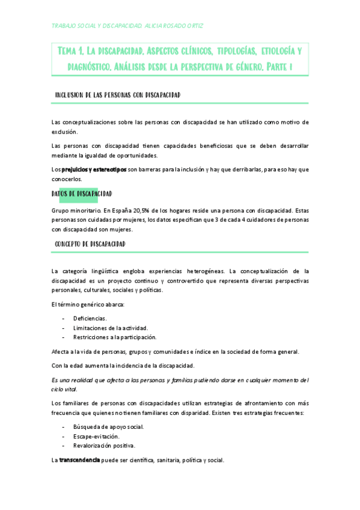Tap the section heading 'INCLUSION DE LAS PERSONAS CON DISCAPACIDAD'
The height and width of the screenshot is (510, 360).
coord(118,96)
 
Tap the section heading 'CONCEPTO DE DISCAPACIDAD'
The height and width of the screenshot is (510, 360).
coord(90,244)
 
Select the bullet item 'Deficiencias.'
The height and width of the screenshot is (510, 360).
coord(90,318)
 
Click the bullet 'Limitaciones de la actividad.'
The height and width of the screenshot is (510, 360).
coord(111,327)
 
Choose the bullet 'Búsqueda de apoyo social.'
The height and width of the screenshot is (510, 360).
coord(109,426)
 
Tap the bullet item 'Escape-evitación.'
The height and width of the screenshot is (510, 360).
coord(96,436)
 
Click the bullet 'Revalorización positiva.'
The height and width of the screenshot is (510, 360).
coord(105,446)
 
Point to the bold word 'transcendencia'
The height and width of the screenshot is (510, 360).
coord(79,460)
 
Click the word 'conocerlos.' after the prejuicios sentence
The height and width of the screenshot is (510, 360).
coord(67,179)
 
